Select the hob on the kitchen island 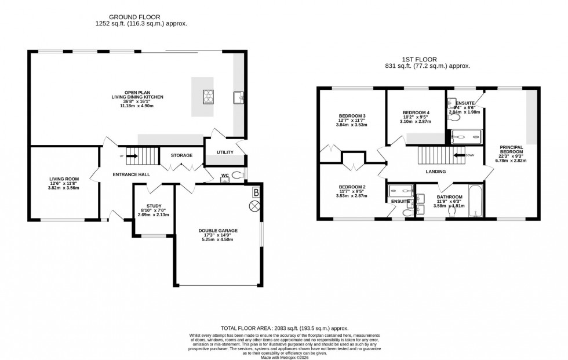click(x=208, y=97)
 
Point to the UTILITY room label click(x=225, y=152)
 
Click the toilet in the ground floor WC click(x=237, y=175)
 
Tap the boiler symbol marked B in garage click(x=256, y=192)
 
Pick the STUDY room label click(x=153, y=206)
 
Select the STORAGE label click(x=181, y=155)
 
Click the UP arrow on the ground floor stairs click(x=129, y=155)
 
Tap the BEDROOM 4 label click(x=416, y=112)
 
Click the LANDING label click(x=435, y=172)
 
